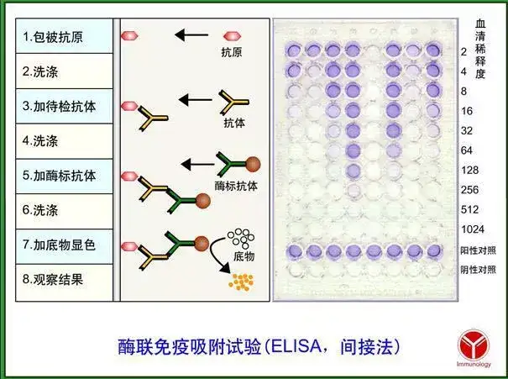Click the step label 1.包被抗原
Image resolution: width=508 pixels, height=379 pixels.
tap(53, 37)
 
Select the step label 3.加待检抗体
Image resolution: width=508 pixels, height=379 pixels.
tap(60, 107)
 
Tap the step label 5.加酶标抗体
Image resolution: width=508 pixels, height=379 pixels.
tap(60, 176)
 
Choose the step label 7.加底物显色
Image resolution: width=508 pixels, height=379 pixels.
tap(60, 245)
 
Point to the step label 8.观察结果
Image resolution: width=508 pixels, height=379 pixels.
tap(53, 280)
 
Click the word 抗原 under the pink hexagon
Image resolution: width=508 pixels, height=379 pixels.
tap(231, 52)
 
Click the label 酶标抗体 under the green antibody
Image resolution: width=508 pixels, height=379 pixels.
tap(236, 186)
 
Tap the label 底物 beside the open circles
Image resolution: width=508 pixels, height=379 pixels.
tap(244, 256)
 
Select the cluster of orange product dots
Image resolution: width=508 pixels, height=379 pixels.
tap(241, 282)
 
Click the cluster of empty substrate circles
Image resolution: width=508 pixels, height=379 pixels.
tap(241, 239)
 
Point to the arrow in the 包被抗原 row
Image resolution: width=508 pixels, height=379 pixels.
tap(191, 34)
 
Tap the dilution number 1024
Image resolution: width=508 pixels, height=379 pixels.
tap(473, 229)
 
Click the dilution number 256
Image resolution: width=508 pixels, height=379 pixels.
tap(469, 190)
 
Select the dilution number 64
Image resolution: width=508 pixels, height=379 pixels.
tap(467, 150)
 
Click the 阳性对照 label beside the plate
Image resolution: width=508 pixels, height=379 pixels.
tap(479, 250)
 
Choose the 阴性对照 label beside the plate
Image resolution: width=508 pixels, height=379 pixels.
tap(479, 270)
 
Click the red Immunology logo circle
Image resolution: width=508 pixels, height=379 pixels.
tap(474, 345)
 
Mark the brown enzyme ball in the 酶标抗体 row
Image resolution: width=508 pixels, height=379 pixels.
tap(253, 164)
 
